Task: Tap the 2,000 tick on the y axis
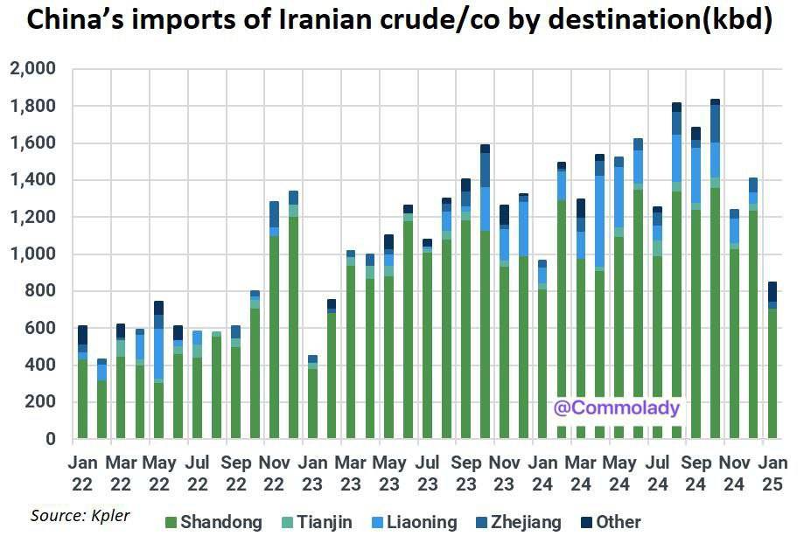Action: [x=31, y=69]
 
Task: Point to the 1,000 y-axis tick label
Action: [x=31, y=254]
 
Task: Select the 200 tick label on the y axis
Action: [x=38, y=402]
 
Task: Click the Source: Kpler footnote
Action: [x=80, y=516]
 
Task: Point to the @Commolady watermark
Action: [x=617, y=407]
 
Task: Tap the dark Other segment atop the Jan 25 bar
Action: [x=773, y=291]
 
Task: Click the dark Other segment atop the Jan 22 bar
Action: [x=83, y=335]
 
